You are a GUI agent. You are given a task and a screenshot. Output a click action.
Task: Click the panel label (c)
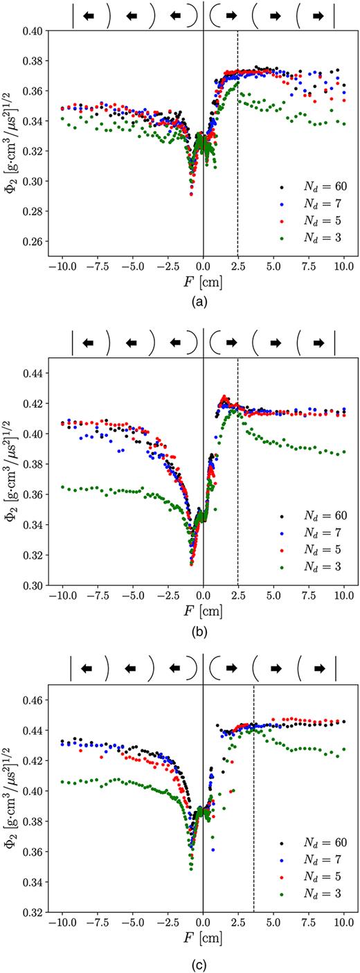(203, 963)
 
